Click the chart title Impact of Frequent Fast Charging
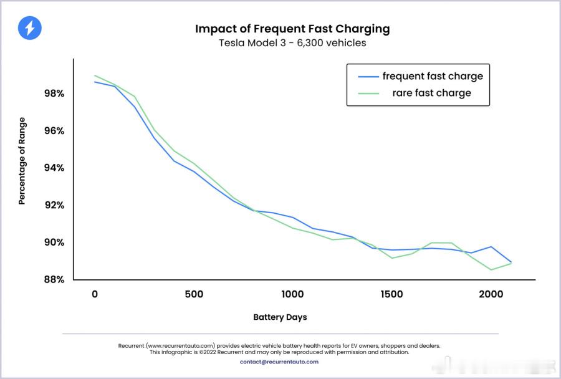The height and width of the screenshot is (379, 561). (292, 29)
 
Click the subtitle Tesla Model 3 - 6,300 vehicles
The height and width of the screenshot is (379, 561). (292, 43)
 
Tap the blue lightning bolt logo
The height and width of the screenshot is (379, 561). (29, 28)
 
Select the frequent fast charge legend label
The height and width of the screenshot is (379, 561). (433, 77)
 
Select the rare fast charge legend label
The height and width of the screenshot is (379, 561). (431, 93)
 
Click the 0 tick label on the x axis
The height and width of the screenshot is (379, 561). (95, 294)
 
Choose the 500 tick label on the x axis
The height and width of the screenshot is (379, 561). (194, 294)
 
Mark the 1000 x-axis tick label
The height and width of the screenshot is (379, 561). (292, 294)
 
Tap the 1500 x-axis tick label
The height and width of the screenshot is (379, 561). (391, 294)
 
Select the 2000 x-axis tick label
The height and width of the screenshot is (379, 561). (491, 294)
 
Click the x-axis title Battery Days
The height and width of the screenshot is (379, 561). (280, 317)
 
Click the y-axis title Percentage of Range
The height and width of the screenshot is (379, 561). (22, 161)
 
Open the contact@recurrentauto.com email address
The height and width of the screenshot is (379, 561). (279, 362)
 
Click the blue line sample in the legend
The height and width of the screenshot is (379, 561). (368, 77)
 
